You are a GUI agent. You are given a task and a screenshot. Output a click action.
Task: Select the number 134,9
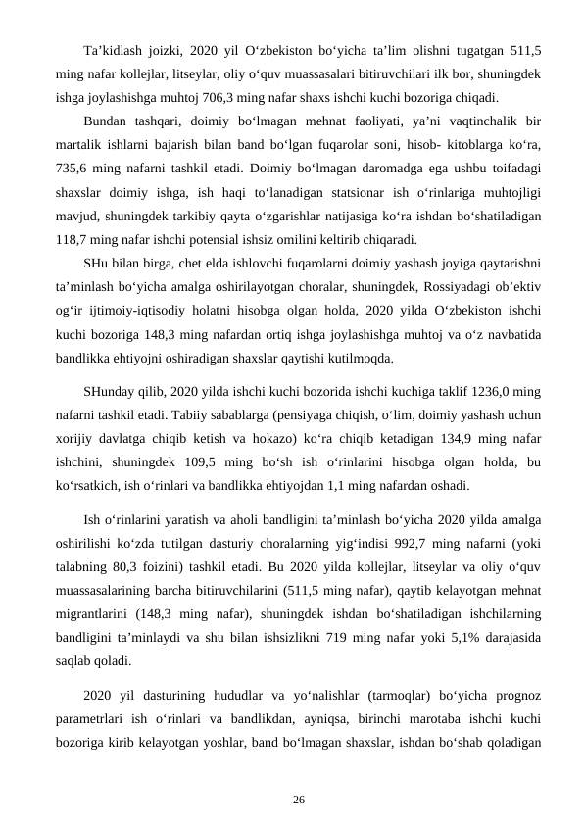[x=447, y=439]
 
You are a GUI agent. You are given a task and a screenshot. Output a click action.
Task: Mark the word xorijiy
[x=78, y=439]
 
